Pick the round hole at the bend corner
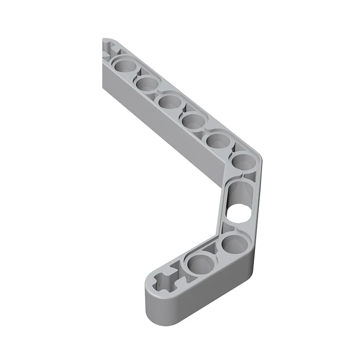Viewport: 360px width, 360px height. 244,162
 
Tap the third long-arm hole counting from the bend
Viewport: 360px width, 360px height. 193,121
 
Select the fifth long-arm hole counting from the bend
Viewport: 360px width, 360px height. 146,83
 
